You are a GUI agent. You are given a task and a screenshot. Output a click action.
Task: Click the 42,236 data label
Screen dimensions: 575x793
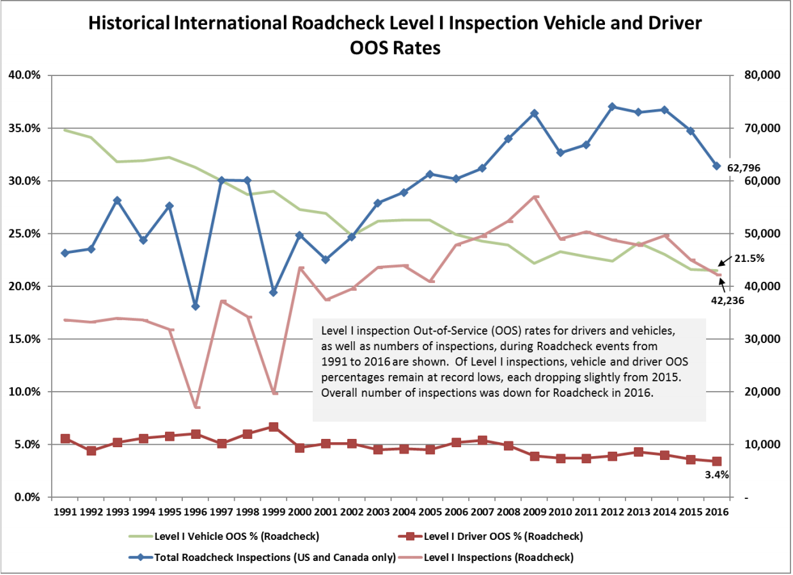(726, 300)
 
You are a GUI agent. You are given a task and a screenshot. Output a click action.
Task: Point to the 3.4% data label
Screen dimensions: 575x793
(716, 475)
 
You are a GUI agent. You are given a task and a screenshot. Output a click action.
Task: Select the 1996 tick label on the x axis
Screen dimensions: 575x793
(196, 511)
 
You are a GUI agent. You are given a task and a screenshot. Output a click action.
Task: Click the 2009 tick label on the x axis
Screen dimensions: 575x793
(534, 511)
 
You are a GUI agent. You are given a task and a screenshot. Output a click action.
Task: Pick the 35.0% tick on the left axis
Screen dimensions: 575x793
(24, 128)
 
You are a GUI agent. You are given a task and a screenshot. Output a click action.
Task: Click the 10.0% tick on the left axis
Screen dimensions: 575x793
(24, 392)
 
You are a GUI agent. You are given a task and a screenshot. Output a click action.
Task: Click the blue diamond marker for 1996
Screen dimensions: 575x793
(196, 306)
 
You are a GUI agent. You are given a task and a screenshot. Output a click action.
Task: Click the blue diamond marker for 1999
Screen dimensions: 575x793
(274, 292)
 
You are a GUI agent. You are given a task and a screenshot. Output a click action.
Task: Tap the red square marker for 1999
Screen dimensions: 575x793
(274, 427)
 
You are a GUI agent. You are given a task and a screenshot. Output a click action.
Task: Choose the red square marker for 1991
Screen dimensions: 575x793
(65, 439)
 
